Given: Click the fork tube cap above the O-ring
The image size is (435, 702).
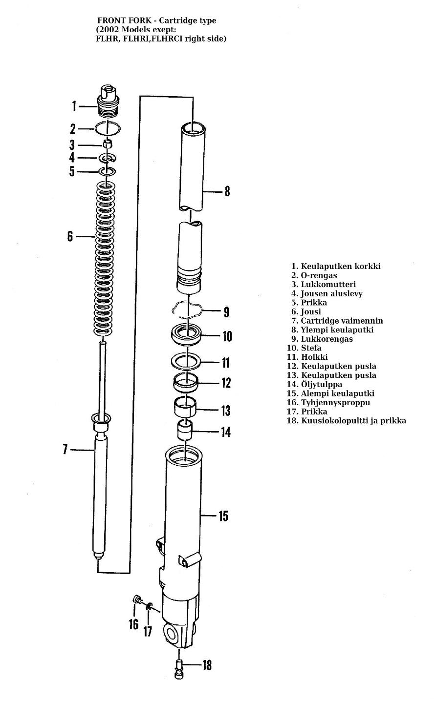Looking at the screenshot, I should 109,101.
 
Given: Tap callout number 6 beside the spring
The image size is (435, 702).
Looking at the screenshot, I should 70,236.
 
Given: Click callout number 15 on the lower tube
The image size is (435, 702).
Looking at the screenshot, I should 223,516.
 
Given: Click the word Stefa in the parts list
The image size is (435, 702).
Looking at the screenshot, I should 311,348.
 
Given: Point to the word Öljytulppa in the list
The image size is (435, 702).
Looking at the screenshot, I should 321,384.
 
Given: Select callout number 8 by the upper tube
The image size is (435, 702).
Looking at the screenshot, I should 227,191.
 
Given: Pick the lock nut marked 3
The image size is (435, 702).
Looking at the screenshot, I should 108,145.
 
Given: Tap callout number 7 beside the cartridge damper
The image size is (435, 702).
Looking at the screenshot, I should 65,449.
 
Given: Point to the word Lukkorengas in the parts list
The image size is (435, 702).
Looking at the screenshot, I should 326,339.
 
